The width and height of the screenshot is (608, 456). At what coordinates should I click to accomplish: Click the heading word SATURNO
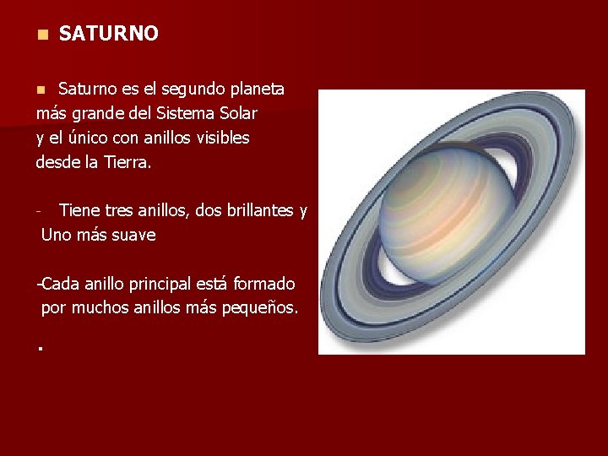pyautogui.click(x=109, y=34)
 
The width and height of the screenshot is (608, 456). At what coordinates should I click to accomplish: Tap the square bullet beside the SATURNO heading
pyautogui.click(x=40, y=35)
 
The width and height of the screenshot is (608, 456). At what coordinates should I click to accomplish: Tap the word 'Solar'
pyautogui.click(x=237, y=113)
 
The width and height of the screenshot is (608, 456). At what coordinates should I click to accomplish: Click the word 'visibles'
pyautogui.click(x=221, y=137)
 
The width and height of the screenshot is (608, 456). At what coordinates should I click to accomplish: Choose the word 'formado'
pyautogui.click(x=263, y=285)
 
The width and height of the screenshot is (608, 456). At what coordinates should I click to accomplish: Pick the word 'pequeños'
pyautogui.click(x=258, y=309)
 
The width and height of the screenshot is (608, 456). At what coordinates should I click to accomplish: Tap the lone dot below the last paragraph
pyautogui.click(x=40, y=347)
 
